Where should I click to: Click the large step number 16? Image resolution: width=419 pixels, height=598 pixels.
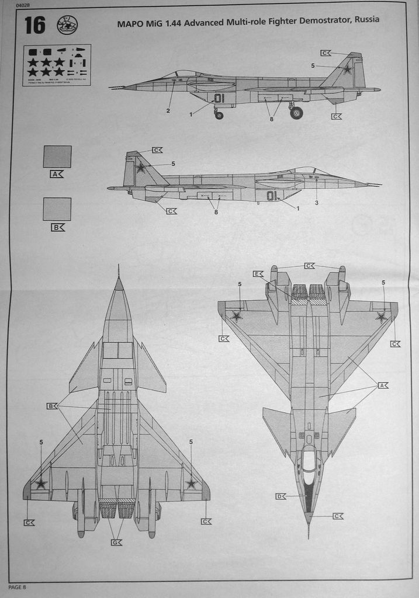tap(34, 25)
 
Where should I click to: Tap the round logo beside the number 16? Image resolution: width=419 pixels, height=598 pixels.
tap(67, 25)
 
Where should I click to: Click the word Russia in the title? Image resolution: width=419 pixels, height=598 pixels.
tap(365, 19)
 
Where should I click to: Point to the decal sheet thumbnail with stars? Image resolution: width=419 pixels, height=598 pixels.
tap(56, 65)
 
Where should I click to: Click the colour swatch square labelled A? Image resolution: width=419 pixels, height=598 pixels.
tap(57, 157)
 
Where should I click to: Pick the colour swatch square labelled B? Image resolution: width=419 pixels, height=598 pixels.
tap(57, 208)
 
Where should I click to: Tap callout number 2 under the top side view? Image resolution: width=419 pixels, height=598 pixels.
tap(168, 110)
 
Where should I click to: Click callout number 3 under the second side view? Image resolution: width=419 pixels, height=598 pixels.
tap(316, 203)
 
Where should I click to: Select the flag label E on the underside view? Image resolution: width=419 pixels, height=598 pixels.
tap(258, 273)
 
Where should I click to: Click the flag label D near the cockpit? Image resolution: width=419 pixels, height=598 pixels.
tap(281, 496)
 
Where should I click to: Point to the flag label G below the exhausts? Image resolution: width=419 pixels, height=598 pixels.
tap(116, 543)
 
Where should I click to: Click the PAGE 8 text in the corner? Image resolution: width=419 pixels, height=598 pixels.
tap(18, 586)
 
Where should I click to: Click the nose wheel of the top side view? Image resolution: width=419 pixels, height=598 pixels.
tap(219, 115)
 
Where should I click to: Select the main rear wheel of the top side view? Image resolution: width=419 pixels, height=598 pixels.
tap(296, 113)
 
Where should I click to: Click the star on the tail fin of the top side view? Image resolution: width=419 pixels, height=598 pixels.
tap(347, 69)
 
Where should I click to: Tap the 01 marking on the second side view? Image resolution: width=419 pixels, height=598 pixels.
tap(272, 196)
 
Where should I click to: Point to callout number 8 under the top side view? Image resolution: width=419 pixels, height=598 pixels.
tap(271, 119)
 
